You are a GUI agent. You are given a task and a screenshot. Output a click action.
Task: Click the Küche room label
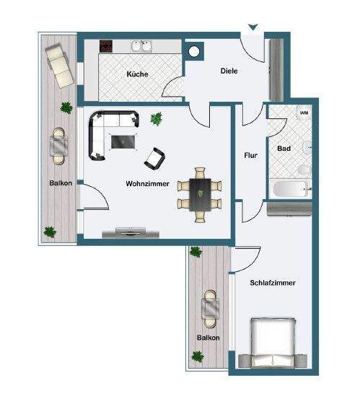click(137, 74)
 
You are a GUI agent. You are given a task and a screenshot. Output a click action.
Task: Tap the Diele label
click(229, 71)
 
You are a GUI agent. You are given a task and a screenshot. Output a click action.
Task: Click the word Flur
click(250, 154)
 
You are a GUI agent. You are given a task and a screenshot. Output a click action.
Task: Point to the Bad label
click(284, 149)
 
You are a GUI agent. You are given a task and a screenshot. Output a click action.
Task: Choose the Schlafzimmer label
click(273, 283)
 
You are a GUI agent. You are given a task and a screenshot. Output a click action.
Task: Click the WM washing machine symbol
click(304, 113)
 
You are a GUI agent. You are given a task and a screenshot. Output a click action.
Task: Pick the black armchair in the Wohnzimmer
click(156, 157)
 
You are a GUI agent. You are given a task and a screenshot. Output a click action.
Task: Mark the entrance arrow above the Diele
click(252, 29)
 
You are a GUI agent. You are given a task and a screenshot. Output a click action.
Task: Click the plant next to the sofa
click(156, 118)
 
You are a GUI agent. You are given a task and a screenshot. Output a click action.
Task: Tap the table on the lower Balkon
click(210, 309)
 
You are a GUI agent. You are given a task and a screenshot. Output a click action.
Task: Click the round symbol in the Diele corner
click(194, 51)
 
